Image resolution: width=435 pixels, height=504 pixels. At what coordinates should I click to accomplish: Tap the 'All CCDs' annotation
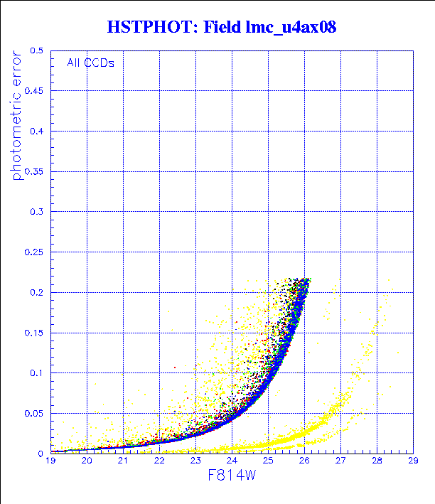90,63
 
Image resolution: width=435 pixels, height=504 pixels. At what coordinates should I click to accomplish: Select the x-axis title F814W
231,478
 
